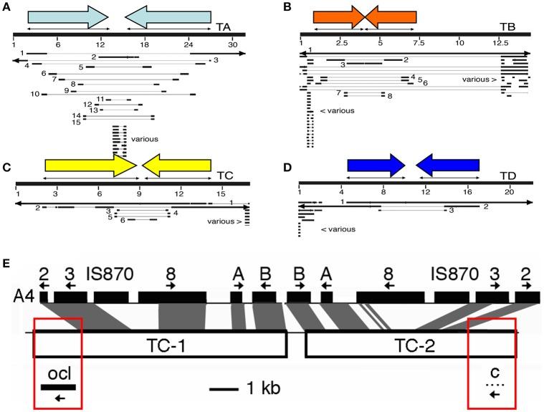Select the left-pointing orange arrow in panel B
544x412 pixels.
tap(391, 16)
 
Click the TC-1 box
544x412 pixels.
tap(161, 345)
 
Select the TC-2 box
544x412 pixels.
tap(411, 345)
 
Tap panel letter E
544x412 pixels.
tap(7, 265)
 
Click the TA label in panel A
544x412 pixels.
tap(224, 27)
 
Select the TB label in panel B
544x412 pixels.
tap(507, 27)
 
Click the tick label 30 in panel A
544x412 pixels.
tap(232, 44)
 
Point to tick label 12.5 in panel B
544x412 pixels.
tap(502, 44)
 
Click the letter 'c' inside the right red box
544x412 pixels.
tap(494, 373)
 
